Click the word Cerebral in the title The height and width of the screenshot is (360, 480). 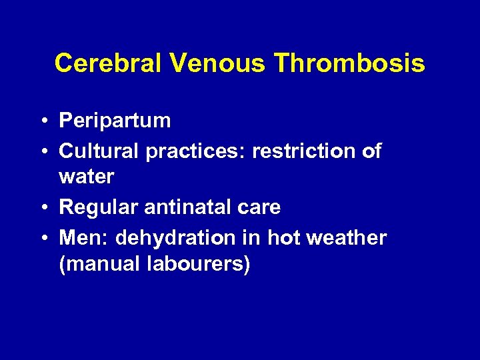coord(108,63)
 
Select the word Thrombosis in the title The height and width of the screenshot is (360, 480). coord(349,63)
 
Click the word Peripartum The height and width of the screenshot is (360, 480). coord(115,121)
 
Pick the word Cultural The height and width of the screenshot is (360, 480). coord(99,151)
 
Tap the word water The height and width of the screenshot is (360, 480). coord(87,177)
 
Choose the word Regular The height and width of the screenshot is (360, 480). coord(99,207)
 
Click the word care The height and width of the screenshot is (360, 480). coord(261,207)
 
